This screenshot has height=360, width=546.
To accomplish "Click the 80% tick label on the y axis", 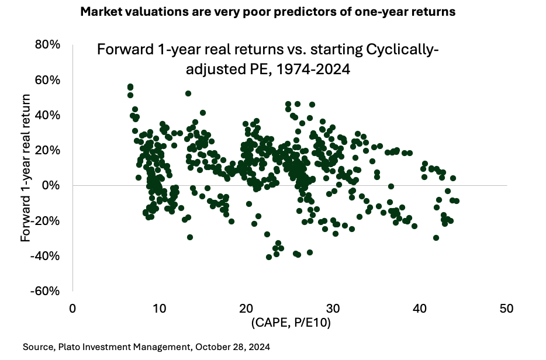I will pyautogui.click(x=48, y=44).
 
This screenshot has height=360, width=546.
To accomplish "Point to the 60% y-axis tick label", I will pyautogui.click(x=48, y=79).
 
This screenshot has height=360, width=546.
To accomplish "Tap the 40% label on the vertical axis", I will pyautogui.click(x=48, y=115).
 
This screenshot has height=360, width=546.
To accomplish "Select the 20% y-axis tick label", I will pyautogui.click(x=48, y=150).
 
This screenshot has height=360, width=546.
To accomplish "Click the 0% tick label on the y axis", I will pyautogui.click(x=51, y=185).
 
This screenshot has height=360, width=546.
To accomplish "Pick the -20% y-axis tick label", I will pyautogui.click(x=46, y=221).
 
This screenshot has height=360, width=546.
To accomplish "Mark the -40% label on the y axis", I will pyautogui.click(x=46, y=256).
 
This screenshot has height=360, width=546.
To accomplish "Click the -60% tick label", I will pyautogui.click(x=46, y=291).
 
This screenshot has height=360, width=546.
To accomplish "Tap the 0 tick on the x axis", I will pyautogui.click(x=72, y=309).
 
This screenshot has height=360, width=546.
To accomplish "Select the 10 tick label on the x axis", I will pyautogui.click(x=159, y=309).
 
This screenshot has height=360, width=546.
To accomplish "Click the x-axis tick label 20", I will pyautogui.click(x=246, y=309).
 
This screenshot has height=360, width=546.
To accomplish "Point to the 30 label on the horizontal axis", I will pyautogui.click(x=333, y=309).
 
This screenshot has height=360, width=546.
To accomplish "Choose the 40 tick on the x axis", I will pyautogui.click(x=420, y=309).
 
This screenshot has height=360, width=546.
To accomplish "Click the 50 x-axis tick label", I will pyautogui.click(x=507, y=309).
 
